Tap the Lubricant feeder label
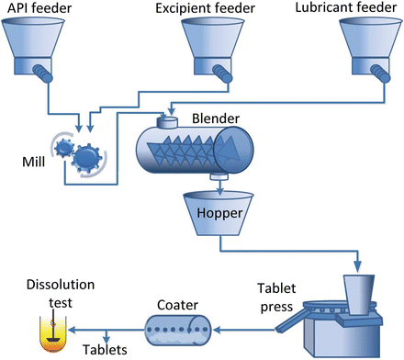pyautogui.click(x=349, y=8)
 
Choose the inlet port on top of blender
pyautogui.click(x=167, y=121)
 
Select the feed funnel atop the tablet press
pyautogui.click(x=363, y=293)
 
